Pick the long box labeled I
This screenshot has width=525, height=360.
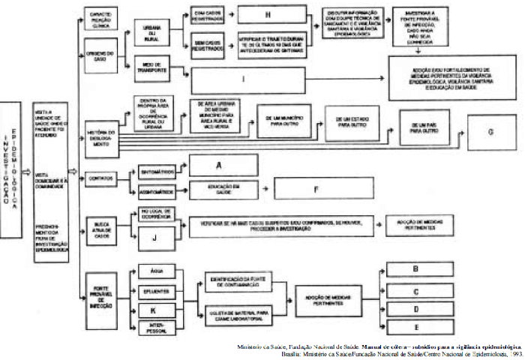(247, 78)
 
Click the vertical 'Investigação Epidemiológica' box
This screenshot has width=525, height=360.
(10, 171)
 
